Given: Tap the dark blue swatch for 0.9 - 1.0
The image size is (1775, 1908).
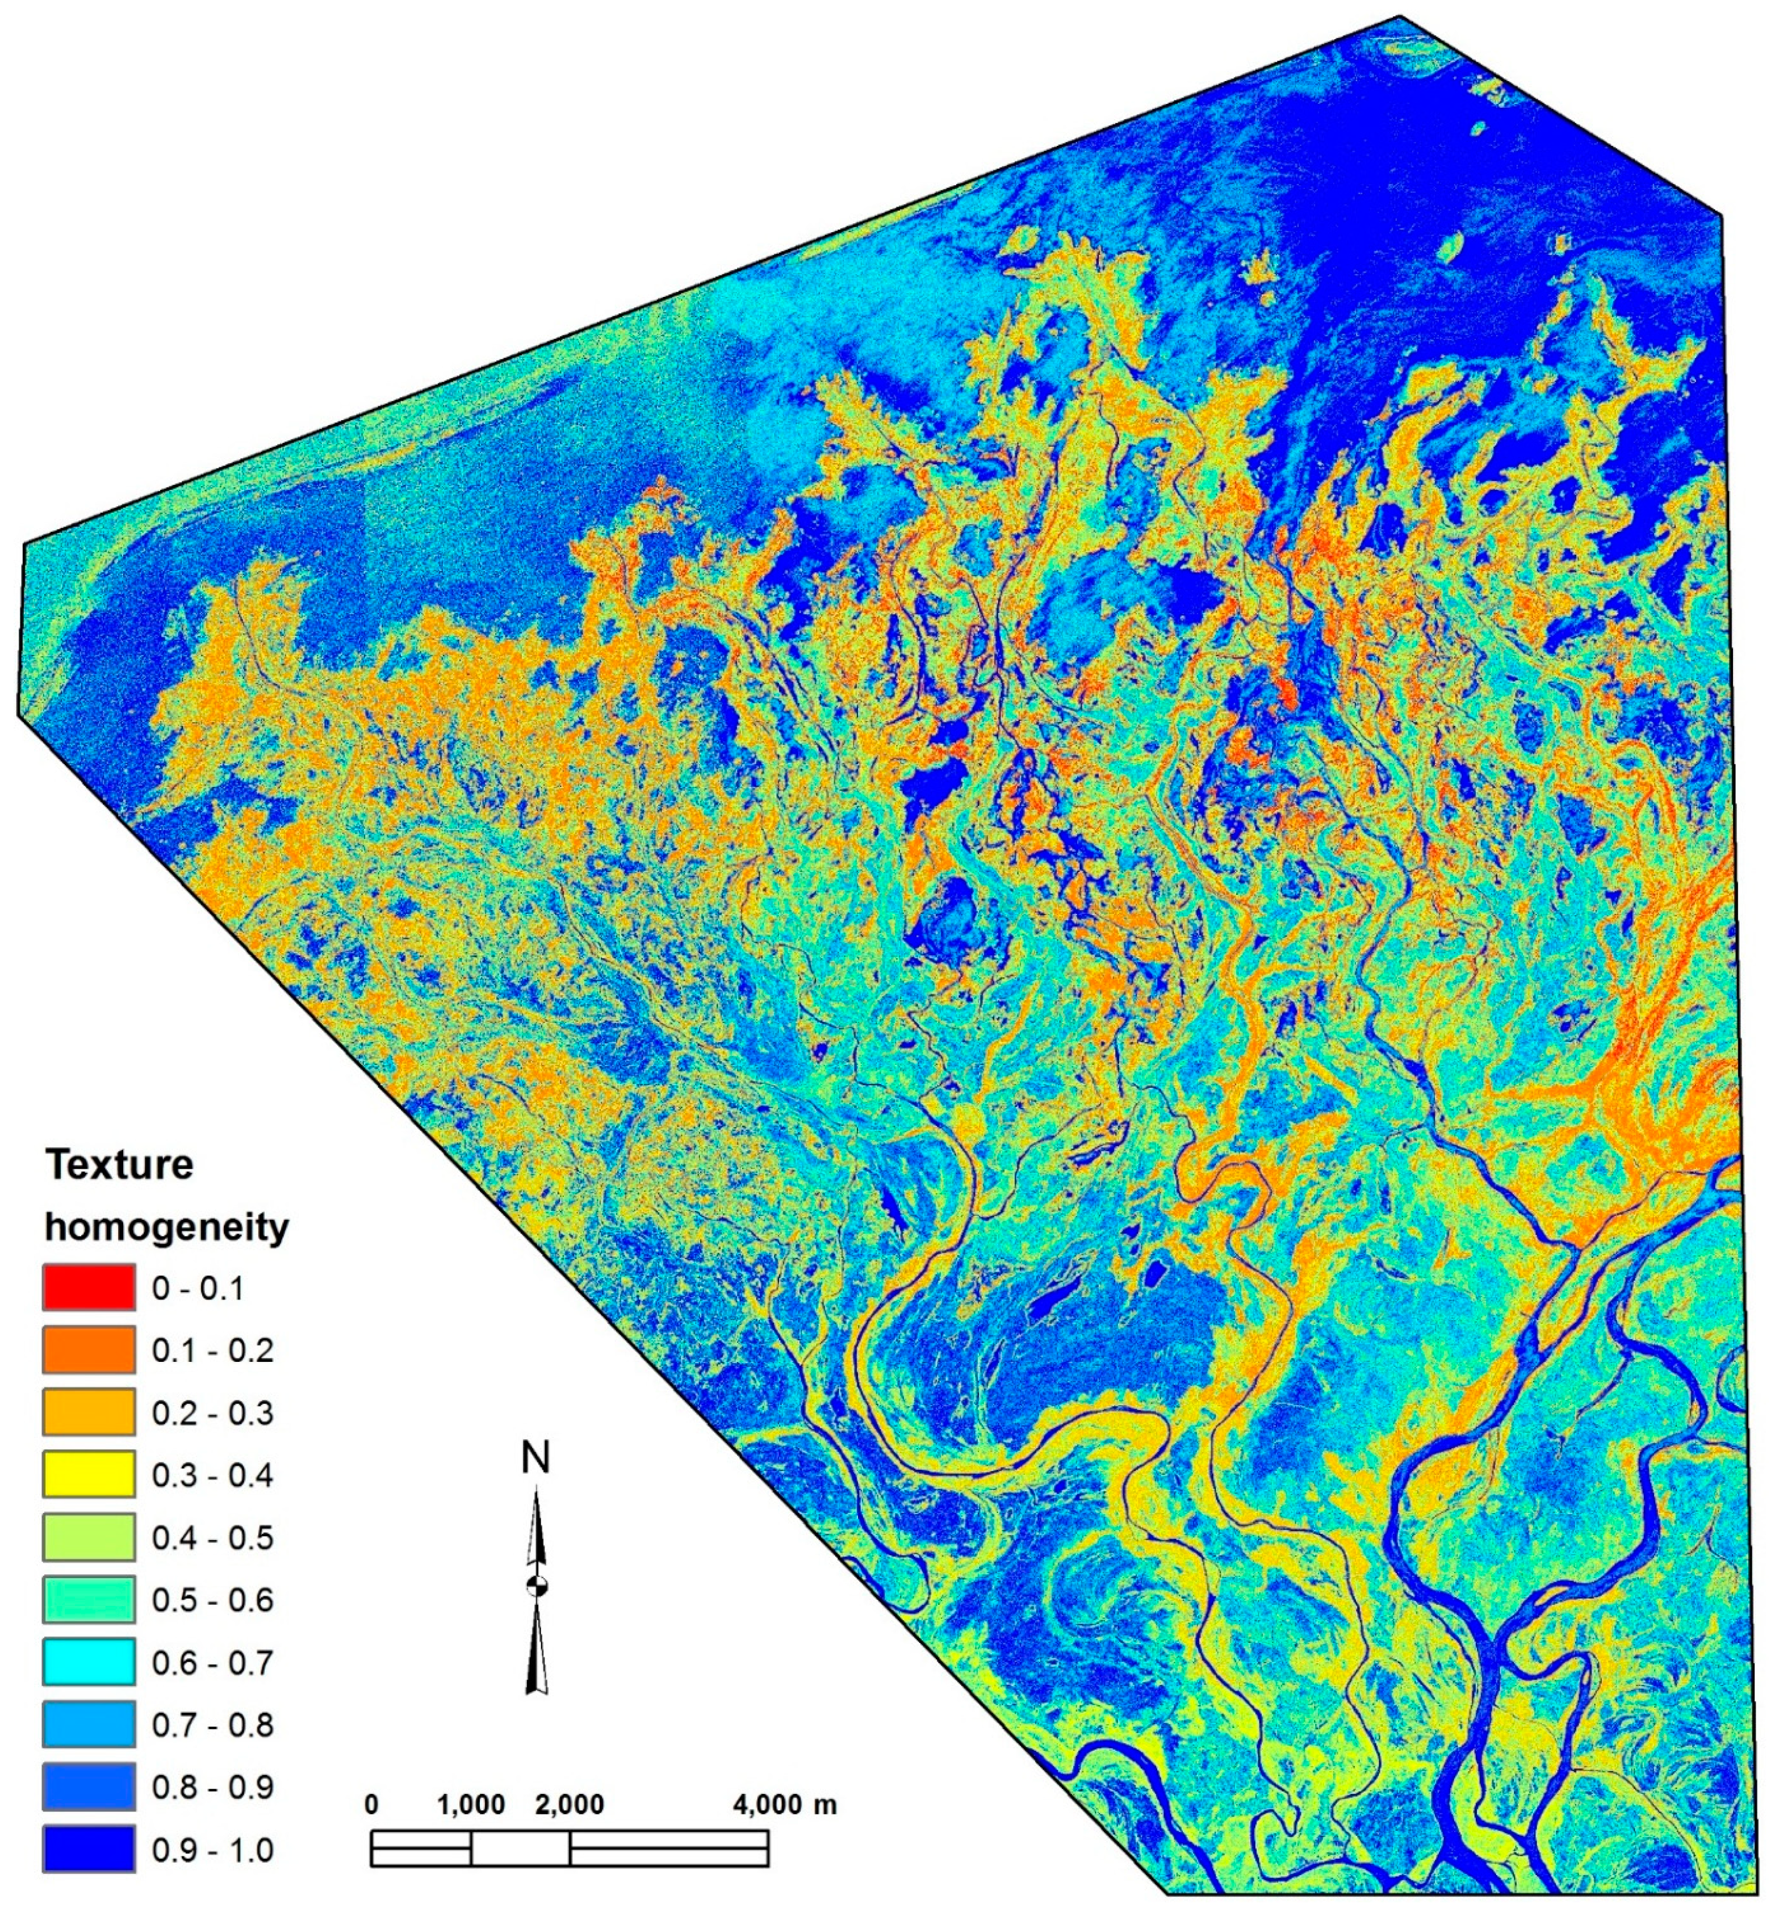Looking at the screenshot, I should pos(89,1850).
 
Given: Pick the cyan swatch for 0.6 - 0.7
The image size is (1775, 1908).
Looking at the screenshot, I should pos(89,1662).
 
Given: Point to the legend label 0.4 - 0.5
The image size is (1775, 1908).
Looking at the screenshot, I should pos(212,1537).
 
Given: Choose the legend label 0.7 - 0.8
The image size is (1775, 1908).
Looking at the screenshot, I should pos(212,1725).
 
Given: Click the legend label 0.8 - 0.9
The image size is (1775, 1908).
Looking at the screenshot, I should pos(212,1787).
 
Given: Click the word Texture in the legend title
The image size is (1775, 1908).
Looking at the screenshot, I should pos(120,1165).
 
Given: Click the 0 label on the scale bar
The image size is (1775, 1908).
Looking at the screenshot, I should pos(371,1804).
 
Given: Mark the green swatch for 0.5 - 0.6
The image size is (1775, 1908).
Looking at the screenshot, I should pos(89,1600).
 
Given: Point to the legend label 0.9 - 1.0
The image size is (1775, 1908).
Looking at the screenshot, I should pos(212,1850).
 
